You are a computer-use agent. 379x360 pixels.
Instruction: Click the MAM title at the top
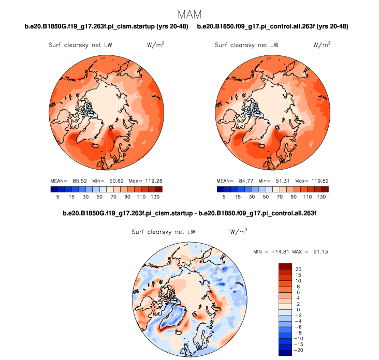(x=189, y=13)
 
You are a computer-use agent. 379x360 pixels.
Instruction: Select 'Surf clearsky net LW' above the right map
(x=246, y=46)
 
